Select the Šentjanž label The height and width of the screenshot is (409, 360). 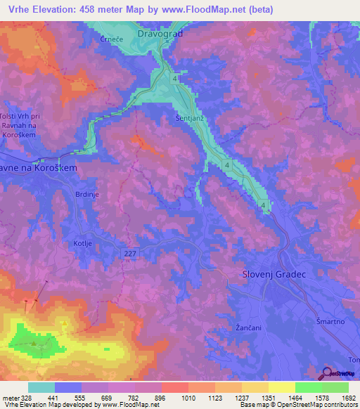pyautogui.click(x=189, y=119)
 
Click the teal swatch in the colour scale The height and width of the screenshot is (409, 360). pyautogui.click(x=41, y=387)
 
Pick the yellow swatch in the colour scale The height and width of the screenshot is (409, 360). pyautogui.click(x=281, y=387)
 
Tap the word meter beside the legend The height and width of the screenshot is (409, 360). pyautogui.click(x=10, y=398)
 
